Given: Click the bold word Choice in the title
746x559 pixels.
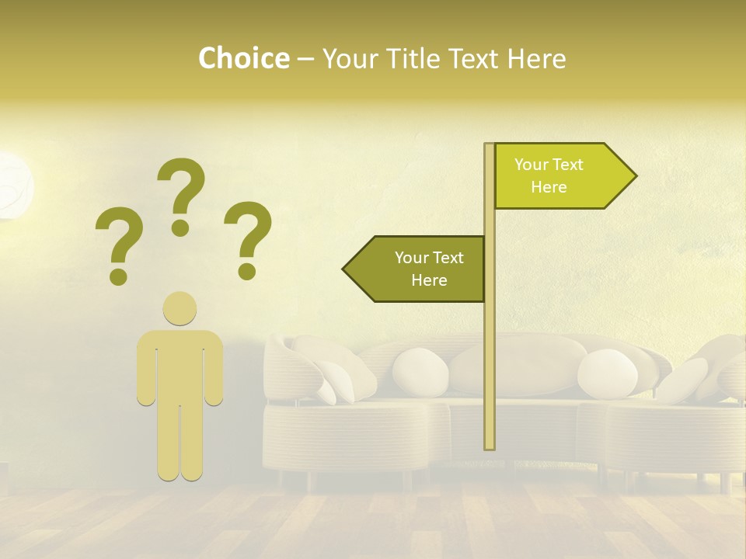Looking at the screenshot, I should [x=243, y=59].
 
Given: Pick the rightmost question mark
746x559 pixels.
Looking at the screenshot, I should [x=248, y=238].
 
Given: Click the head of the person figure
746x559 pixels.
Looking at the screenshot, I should [x=180, y=308].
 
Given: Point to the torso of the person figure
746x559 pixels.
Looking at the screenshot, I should [x=180, y=365].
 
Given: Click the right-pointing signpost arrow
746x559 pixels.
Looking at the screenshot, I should [x=559, y=176].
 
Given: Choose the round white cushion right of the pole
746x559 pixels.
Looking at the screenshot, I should [x=607, y=373].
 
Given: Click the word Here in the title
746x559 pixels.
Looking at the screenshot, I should [x=536, y=59].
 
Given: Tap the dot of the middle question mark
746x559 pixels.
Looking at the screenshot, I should [x=180, y=227].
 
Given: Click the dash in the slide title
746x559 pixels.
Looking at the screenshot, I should [x=305, y=61].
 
